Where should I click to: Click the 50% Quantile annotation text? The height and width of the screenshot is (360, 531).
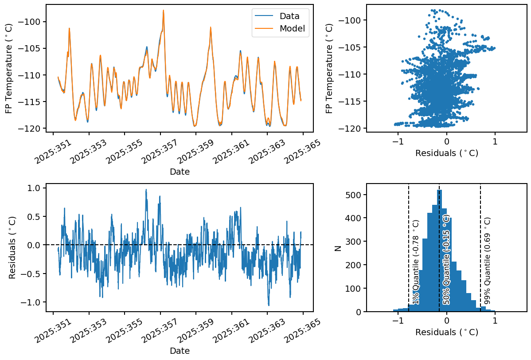(446, 260)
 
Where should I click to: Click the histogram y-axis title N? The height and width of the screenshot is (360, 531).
(338, 248)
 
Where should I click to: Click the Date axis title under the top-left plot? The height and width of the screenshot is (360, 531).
(180, 172)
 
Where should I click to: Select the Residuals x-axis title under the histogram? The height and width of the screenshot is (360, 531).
(446, 332)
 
